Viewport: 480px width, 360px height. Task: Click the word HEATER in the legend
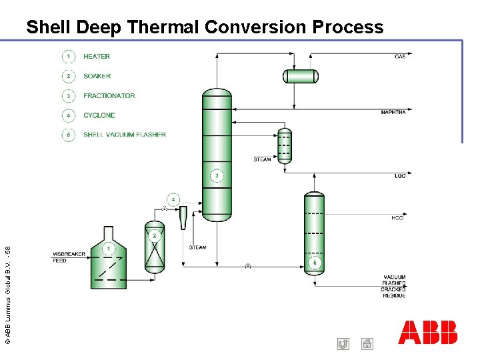click(97, 57)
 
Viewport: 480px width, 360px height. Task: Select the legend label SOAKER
click(97, 76)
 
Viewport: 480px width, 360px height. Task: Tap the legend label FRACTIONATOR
click(109, 96)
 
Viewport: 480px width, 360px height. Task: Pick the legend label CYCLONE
click(99, 115)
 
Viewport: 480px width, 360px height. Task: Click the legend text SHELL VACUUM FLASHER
click(125, 135)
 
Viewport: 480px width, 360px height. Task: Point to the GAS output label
click(400, 57)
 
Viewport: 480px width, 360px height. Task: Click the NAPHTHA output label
click(393, 112)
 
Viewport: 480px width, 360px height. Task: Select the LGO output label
click(400, 175)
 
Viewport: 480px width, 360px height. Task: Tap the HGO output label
click(397, 218)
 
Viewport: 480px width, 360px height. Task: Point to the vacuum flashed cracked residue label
click(393, 287)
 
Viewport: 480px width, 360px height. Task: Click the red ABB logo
click(428, 332)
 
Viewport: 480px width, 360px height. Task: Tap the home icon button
click(367, 344)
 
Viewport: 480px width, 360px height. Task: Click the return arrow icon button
click(343, 344)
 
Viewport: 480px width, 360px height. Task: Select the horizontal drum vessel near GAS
click(301, 76)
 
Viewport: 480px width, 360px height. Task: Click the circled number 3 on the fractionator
click(217, 176)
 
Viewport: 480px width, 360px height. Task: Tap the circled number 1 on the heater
click(109, 249)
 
